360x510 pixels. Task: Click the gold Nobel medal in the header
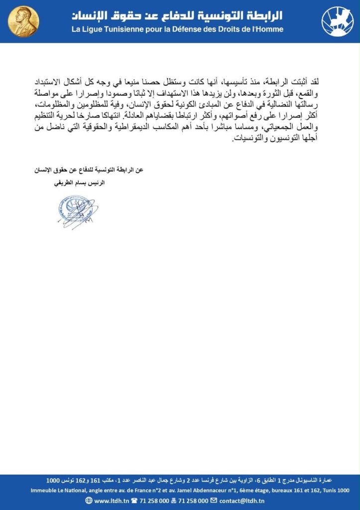(x=23, y=21)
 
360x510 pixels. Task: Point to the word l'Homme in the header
(x=267, y=29)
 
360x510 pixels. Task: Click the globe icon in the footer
(x=89, y=501)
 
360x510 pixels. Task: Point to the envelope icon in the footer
(x=214, y=501)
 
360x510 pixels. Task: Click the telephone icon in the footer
(x=133, y=501)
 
